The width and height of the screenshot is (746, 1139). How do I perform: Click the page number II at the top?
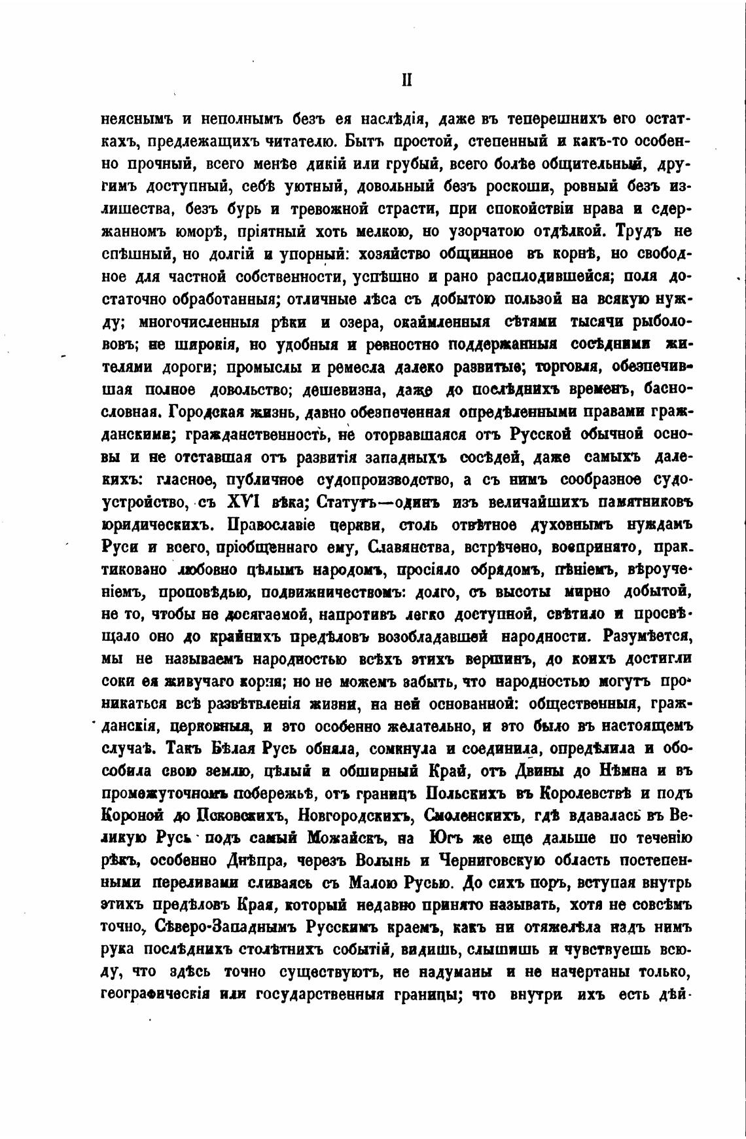click(406, 80)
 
